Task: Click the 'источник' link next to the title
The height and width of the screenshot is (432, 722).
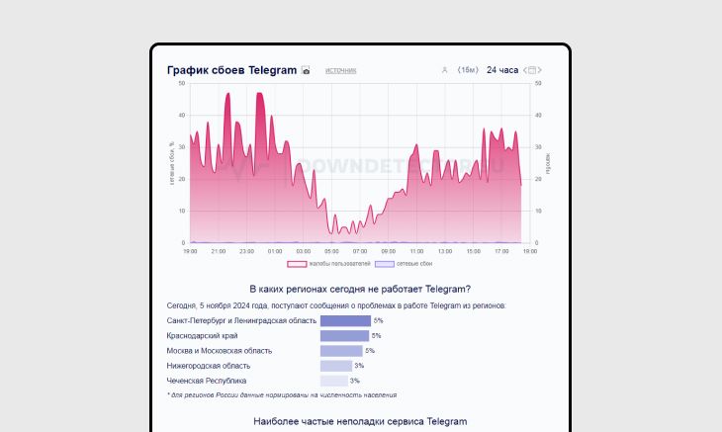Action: pos(341,70)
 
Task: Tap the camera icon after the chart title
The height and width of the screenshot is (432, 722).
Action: pos(306,70)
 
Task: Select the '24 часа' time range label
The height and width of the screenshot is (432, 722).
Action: pos(502,70)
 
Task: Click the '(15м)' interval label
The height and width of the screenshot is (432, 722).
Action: pos(468,70)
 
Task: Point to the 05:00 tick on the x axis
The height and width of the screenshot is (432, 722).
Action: pos(331,251)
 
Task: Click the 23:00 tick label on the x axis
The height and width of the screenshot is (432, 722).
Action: pos(246,251)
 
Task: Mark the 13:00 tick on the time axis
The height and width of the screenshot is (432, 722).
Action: pos(445,251)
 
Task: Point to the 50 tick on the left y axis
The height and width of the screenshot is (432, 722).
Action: pos(182,83)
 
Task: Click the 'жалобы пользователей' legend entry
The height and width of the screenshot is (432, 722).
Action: pos(329,264)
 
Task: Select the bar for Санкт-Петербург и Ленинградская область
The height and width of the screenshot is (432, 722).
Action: pos(345,320)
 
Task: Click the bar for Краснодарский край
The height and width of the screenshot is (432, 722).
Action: pos(344,336)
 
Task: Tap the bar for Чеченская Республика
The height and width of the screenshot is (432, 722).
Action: pos(333,381)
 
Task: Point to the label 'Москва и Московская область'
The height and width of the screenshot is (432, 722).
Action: pos(220,351)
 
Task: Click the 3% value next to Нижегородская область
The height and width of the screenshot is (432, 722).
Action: pos(359,366)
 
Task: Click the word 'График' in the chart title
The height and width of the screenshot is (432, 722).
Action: pos(189,70)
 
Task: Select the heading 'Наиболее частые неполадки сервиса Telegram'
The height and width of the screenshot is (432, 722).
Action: pos(360,421)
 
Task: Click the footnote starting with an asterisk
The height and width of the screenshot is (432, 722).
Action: pos(282,394)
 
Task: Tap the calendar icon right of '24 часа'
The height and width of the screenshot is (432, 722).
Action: pos(532,70)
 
